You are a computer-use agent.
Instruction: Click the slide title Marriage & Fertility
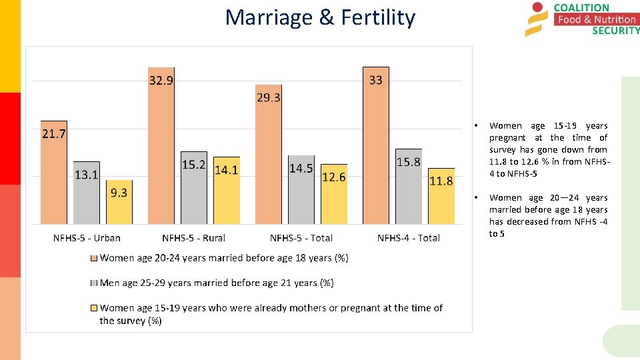pos(320,17)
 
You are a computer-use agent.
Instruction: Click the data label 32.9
pos(160,81)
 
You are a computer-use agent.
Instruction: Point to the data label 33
pos(376,80)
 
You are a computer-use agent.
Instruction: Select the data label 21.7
pos(53,134)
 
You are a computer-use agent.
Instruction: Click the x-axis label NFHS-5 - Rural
pos(194,238)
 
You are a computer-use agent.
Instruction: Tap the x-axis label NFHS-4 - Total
pos(409,238)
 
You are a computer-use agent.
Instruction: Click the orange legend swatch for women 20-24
pos(95,258)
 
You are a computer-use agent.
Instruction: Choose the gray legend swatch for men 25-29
pos(95,283)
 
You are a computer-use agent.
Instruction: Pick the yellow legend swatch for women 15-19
pos(95,308)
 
